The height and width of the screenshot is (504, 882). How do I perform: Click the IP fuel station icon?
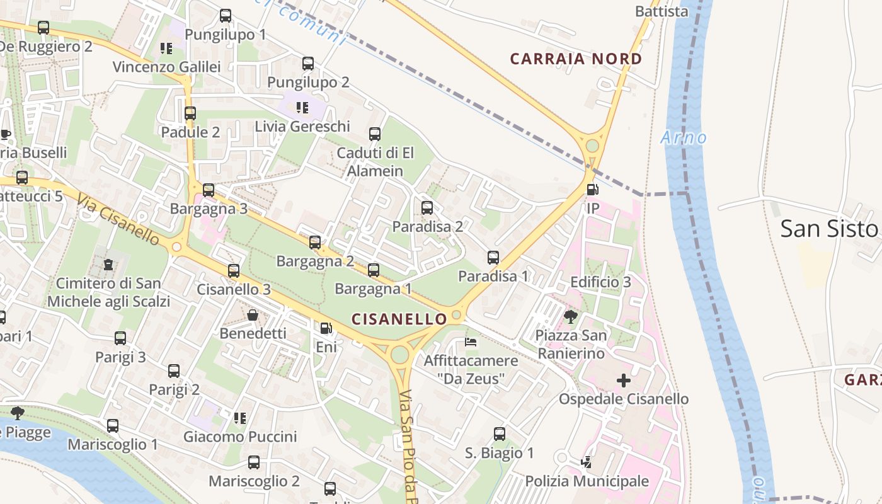point(592,189)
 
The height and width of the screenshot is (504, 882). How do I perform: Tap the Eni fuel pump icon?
point(326,328)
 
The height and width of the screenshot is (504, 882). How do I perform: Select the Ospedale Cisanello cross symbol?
point(624,381)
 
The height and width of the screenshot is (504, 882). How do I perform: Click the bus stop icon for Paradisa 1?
point(493,257)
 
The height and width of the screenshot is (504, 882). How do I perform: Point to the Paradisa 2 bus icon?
point(427,207)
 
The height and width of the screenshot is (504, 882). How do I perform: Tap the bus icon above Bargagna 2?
point(315,242)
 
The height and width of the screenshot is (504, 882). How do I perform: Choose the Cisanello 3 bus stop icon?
point(234,271)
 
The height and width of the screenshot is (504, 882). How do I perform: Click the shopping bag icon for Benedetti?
point(253,315)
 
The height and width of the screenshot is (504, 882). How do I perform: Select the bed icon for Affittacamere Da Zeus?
point(471,342)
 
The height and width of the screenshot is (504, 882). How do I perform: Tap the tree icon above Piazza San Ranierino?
point(571,316)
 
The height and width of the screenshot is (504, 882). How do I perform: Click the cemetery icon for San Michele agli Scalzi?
point(108,264)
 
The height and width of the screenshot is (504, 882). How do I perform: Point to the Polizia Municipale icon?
point(587,462)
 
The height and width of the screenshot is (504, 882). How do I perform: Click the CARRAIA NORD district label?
point(576,59)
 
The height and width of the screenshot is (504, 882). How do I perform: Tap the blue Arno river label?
point(684,137)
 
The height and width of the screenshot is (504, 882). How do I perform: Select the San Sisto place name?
point(829,229)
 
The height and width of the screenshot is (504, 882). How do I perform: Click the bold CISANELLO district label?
point(399,319)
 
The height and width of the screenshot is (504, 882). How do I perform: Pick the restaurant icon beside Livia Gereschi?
point(302,108)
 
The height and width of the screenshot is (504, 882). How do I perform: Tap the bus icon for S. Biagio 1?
point(500,433)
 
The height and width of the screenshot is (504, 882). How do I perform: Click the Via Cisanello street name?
point(119,219)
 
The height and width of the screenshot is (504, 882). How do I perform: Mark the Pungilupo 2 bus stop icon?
point(308,64)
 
